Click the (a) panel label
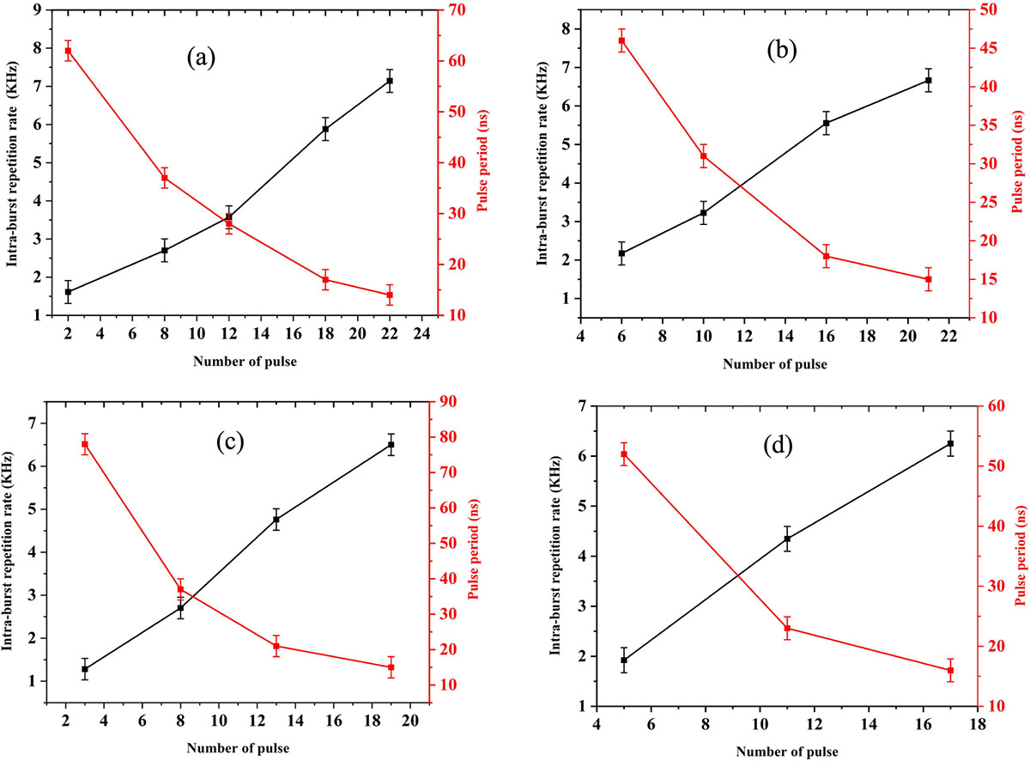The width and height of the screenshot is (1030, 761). point(201,58)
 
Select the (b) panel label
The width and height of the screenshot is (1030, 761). point(782,52)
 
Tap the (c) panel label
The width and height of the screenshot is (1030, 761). point(230,442)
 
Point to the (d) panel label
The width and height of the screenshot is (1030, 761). point(778,446)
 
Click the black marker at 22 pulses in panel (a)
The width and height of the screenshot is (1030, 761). point(390,81)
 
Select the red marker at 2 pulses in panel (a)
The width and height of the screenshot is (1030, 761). point(68,51)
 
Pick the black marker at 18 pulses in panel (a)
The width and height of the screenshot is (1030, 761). point(325,129)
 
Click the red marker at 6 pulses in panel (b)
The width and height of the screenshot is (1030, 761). point(621,40)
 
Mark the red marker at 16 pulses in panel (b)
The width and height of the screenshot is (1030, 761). point(826,256)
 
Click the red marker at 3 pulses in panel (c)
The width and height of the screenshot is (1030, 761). point(85,444)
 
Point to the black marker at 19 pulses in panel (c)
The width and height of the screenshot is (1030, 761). point(391,444)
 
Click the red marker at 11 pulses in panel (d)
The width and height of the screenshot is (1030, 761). point(787,629)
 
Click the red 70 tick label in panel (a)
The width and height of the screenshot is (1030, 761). point(456,10)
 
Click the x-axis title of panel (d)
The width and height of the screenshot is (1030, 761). point(787,752)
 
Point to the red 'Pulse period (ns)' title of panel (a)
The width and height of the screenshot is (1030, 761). point(483,161)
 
